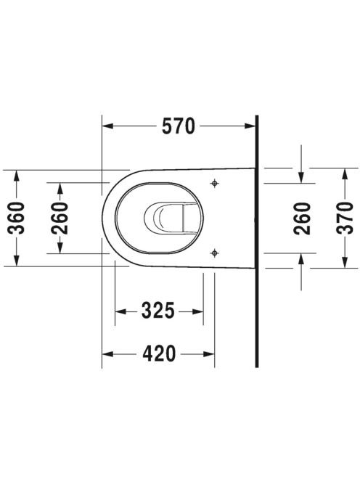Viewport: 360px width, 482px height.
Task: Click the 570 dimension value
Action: pyautogui.click(x=179, y=126)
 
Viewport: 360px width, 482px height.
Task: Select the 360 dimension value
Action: pyautogui.click(x=16, y=218)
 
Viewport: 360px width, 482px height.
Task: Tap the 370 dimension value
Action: pyautogui.click(x=345, y=218)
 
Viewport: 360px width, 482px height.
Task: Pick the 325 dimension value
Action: pyautogui.click(x=158, y=311)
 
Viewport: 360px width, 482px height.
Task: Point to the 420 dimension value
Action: pyautogui.click(x=159, y=354)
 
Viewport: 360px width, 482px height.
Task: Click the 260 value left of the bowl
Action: pyautogui.click(x=60, y=218)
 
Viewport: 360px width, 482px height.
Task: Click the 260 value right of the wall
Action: pyautogui.click(x=302, y=218)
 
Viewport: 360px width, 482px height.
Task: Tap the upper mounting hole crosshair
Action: pyautogui.click(x=215, y=184)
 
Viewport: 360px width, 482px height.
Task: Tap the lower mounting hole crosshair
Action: pyautogui.click(x=215, y=253)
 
